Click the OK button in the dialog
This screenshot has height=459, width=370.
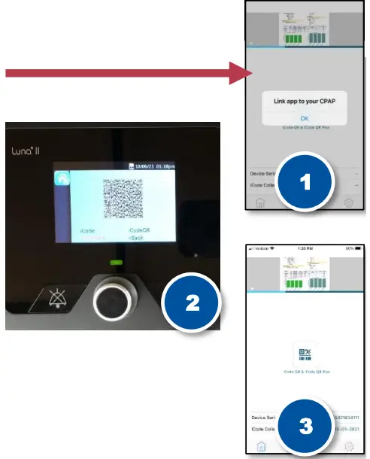(304, 118)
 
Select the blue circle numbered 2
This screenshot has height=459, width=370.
(192, 303)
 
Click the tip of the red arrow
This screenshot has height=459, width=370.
(254, 73)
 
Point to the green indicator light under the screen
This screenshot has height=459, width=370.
(115, 263)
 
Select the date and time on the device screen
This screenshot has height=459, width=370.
(156, 165)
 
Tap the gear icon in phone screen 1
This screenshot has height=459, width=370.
(348, 202)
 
